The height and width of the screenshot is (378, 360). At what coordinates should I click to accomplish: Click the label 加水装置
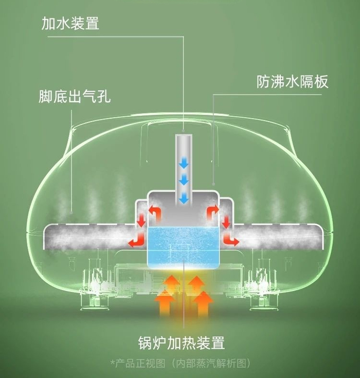point(70,24)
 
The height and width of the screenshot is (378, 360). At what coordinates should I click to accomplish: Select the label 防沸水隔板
point(292,82)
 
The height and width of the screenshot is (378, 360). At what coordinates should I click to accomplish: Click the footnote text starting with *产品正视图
point(181,363)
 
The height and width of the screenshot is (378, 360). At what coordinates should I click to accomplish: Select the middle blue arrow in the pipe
point(183,180)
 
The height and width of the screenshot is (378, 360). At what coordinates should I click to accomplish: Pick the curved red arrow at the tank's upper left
point(155,210)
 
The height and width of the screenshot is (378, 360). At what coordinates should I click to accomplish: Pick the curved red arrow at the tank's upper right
point(211,210)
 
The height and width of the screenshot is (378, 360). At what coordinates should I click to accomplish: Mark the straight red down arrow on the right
point(226,221)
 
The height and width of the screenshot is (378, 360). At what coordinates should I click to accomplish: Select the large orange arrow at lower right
point(203,302)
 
